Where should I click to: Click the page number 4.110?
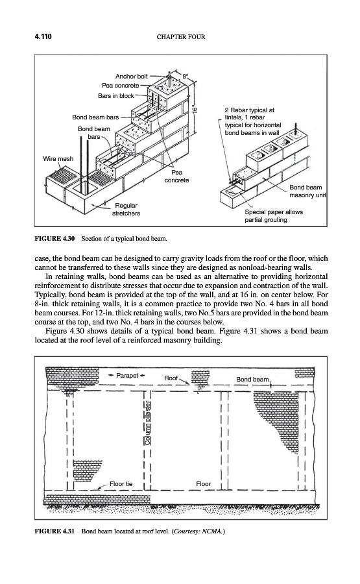click(x=43, y=36)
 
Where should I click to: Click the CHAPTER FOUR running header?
click(x=181, y=37)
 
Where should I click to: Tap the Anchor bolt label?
click(x=132, y=77)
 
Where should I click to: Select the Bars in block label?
click(x=115, y=96)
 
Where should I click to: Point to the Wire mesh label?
click(x=58, y=159)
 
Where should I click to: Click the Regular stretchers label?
click(x=126, y=210)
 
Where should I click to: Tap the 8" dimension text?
click(x=186, y=77)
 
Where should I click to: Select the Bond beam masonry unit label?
click(x=307, y=191)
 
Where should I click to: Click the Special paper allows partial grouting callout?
click(x=274, y=216)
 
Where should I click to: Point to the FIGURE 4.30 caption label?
click(x=54, y=238)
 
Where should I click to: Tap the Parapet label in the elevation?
click(x=127, y=376)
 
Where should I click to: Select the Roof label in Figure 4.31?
click(x=171, y=378)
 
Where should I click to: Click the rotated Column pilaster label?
click(x=149, y=422)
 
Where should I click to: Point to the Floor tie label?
click(x=121, y=484)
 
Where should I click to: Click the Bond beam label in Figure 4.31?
click(x=252, y=379)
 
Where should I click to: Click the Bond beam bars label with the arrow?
click(x=95, y=117)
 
